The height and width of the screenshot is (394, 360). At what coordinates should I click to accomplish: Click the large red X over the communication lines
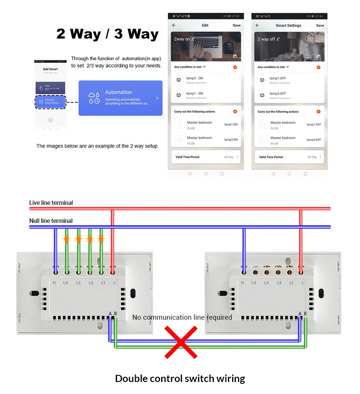[181, 342]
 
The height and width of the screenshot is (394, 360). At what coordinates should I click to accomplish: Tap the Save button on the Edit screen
[236, 25]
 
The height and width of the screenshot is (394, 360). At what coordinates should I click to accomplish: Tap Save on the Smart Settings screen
[320, 26]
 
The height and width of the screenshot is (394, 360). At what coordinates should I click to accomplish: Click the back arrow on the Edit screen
[174, 25]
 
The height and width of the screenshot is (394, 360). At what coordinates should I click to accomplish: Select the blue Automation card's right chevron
[157, 98]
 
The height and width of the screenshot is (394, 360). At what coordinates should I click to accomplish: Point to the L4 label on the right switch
[253, 283]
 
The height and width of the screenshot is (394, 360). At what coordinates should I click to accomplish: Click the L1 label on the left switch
[103, 283]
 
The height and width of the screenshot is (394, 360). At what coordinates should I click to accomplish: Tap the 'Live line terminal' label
[51, 203]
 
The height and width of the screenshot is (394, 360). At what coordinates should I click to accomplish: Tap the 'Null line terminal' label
[51, 221]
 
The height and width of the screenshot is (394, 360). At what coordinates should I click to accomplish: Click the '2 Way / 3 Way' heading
[108, 34]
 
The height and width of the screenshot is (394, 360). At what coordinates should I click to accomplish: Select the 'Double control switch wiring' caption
[180, 378]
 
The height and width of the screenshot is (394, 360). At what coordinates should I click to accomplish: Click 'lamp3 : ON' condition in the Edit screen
[195, 78]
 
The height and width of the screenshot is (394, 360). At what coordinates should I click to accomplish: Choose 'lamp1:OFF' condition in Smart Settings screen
[278, 78]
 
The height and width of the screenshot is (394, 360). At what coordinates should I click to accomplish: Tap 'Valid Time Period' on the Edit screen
[187, 157]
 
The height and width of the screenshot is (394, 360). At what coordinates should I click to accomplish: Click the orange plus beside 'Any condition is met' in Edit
[235, 67]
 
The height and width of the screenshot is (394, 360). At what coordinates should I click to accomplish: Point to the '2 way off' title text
[266, 39]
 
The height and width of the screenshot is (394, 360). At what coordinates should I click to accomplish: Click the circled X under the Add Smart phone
[50, 120]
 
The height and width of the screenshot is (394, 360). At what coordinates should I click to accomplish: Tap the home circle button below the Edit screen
[206, 174]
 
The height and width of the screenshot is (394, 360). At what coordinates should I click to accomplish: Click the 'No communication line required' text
[182, 317]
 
